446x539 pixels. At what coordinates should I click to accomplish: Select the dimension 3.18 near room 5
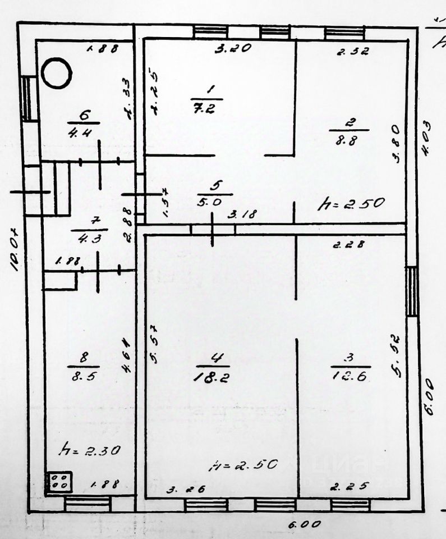(x=249, y=214)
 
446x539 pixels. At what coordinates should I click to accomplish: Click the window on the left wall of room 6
(x=26, y=98)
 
